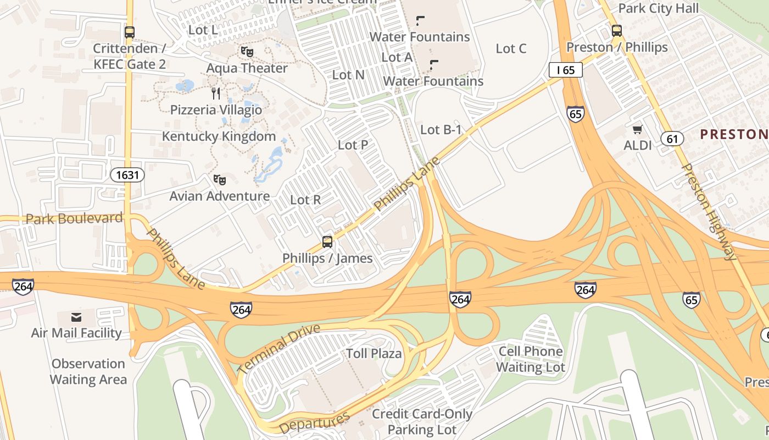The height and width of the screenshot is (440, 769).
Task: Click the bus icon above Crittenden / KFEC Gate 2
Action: point(130,32)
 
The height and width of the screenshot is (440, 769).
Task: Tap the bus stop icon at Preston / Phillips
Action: point(617,30)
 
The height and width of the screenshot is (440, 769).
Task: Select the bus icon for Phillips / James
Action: point(327,241)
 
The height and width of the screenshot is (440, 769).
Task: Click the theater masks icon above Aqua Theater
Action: point(247,52)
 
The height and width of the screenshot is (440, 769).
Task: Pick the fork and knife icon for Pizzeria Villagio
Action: point(216,93)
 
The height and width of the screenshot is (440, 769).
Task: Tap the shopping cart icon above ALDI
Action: point(637,129)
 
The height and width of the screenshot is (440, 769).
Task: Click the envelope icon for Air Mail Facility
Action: point(76,317)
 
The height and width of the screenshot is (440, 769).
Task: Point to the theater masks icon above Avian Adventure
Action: point(220,179)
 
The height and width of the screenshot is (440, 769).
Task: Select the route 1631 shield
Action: point(128,175)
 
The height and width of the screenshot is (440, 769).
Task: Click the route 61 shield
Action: point(672,139)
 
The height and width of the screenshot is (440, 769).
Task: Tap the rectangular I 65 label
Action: point(565,70)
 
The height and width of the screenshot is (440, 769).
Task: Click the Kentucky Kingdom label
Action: point(219,136)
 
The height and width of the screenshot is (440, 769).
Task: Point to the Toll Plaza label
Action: point(374,353)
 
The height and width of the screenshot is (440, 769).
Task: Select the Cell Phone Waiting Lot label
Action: point(531,359)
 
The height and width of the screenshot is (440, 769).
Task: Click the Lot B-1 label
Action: point(441,130)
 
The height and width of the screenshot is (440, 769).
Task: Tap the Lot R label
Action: point(305,200)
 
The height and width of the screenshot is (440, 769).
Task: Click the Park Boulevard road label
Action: point(74,218)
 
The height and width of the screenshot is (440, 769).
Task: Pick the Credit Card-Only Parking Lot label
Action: point(422,421)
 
